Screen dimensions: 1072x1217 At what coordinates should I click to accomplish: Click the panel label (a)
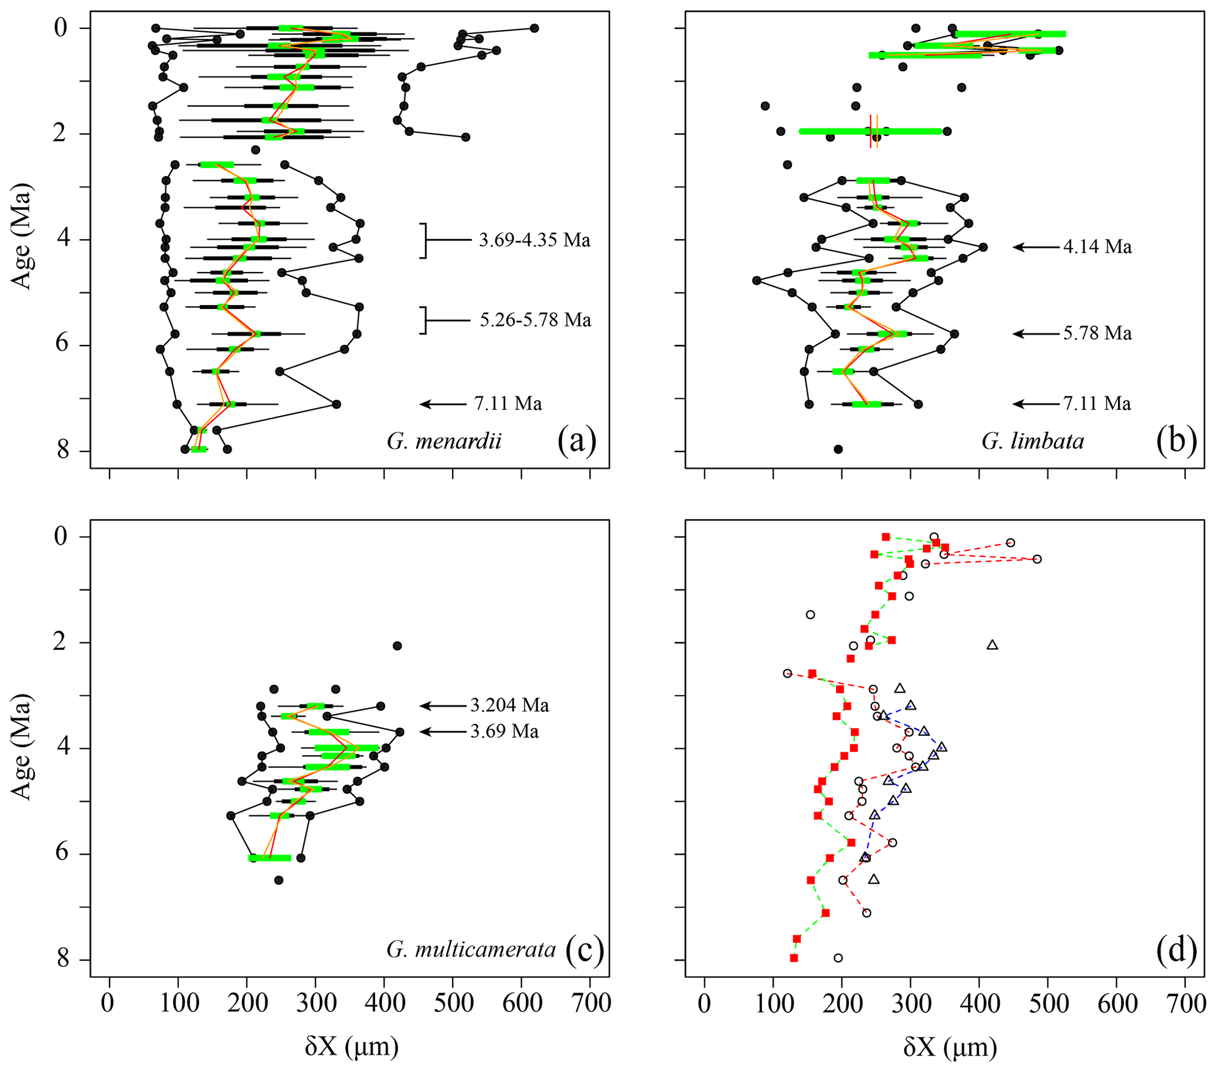click(x=576, y=441)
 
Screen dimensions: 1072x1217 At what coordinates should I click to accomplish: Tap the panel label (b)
click(x=1176, y=441)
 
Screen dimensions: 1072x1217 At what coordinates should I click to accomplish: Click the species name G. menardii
click(x=444, y=441)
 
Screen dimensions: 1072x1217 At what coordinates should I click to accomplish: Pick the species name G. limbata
click(x=1033, y=441)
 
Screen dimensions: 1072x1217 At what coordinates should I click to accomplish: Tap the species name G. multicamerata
click(x=472, y=949)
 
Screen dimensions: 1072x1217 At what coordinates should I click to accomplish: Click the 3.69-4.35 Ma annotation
click(x=535, y=240)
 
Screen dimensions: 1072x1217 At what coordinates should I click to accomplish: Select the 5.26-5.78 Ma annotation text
click(x=535, y=320)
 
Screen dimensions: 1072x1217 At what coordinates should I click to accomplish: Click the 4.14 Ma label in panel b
click(x=1097, y=247)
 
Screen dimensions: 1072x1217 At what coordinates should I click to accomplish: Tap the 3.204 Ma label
click(x=510, y=705)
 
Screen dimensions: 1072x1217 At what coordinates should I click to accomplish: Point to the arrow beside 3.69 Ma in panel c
click(x=443, y=732)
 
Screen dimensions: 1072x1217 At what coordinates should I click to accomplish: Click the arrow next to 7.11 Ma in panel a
click(x=443, y=404)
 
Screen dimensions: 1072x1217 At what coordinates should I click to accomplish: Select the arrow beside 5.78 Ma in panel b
click(x=1037, y=333)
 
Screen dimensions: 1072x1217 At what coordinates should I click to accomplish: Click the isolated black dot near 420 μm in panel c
click(x=397, y=646)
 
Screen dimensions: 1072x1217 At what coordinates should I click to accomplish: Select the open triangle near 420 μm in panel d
click(x=992, y=645)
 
